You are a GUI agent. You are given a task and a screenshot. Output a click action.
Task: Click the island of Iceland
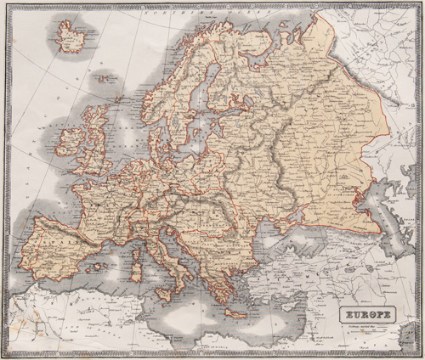coord(67,35)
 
